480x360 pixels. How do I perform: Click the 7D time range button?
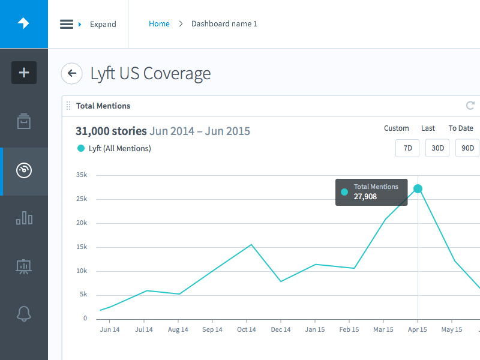407,148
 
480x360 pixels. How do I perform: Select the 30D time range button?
437,148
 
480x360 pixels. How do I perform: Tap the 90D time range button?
467,148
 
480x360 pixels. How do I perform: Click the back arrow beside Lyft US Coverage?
72,73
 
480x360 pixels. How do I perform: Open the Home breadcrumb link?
159,24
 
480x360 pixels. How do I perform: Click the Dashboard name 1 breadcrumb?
224,24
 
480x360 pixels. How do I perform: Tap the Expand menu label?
103,25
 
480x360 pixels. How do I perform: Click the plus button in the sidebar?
24,73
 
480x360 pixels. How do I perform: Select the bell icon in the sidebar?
24,313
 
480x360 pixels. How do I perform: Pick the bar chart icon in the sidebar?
24,218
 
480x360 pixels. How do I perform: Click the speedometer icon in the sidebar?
24,170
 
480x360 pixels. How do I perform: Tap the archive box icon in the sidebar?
24,122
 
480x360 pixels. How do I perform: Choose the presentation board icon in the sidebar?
24,266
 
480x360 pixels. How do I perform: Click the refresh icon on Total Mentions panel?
470,106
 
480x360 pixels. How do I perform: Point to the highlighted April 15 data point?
418,189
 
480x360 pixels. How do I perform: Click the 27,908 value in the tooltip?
365,196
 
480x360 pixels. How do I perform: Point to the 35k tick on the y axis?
82,175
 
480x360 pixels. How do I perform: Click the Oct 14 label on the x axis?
246,329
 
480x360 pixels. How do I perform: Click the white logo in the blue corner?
23,23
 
